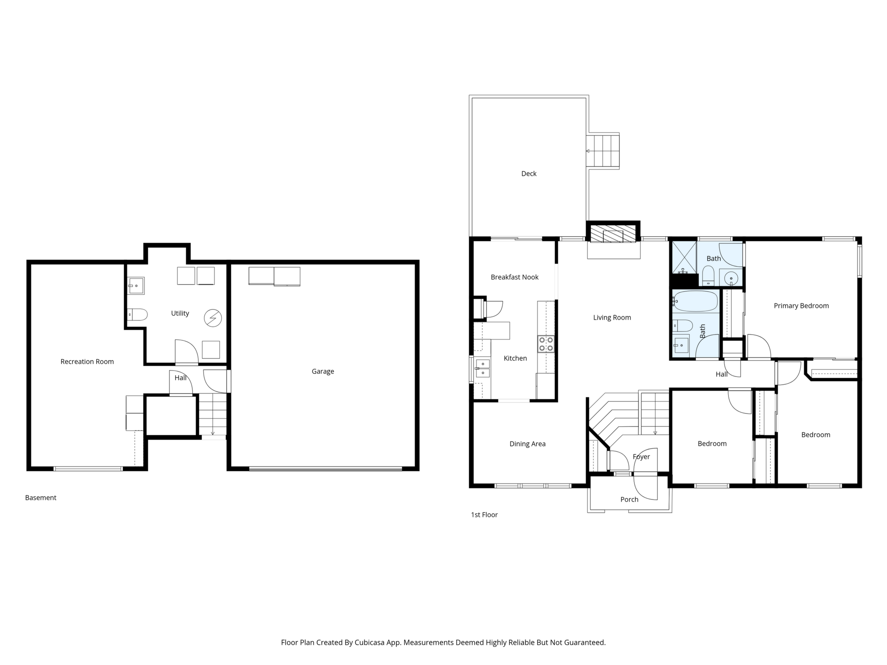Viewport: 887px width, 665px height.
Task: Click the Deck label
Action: (528, 174)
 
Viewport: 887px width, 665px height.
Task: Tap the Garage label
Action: (323, 372)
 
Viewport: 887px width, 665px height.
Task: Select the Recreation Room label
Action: (87, 362)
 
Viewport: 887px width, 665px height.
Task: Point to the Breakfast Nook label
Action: (515, 277)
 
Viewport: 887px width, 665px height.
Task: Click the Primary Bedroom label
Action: (801, 306)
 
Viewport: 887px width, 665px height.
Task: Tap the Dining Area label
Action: (527, 444)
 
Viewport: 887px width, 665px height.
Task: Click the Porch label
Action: (629, 499)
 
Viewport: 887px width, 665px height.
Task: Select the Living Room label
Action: (612, 318)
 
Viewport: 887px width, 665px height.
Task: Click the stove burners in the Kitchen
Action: (546, 344)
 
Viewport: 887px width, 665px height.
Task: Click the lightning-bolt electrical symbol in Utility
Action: (213, 318)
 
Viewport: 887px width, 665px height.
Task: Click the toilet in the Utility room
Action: (137, 315)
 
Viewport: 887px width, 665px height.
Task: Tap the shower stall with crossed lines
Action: (684, 258)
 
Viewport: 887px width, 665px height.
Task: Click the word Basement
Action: (41, 497)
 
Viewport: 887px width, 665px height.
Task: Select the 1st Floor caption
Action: (484, 515)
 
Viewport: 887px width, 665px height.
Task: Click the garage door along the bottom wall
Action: (325, 469)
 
